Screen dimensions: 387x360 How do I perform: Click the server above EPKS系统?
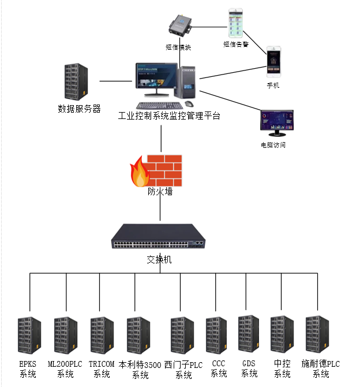click(28, 335)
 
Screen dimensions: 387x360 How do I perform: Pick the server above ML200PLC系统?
click(66, 336)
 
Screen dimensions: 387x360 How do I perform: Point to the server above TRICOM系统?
click(102, 336)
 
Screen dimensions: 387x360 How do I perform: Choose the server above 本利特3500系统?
click(138, 336)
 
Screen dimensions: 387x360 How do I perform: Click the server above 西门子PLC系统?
click(182, 336)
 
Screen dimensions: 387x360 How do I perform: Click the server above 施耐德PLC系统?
click(317, 335)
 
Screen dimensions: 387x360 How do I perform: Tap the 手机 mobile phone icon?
click(275, 62)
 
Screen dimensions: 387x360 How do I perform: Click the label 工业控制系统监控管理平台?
click(169, 116)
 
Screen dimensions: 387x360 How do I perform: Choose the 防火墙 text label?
click(160, 192)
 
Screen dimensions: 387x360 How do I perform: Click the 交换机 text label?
click(159, 259)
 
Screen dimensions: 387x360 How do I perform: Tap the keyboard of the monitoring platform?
click(155, 106)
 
